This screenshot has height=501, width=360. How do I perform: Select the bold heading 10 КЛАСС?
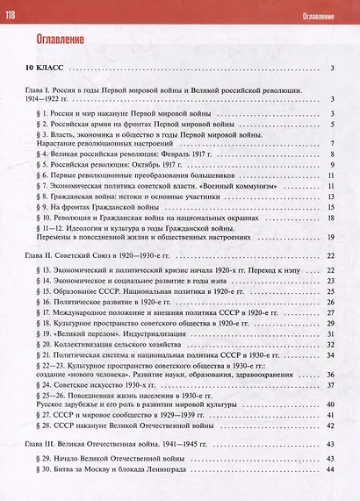(x=45, y=68)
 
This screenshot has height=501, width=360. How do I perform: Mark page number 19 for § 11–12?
(x=332, y=238)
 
